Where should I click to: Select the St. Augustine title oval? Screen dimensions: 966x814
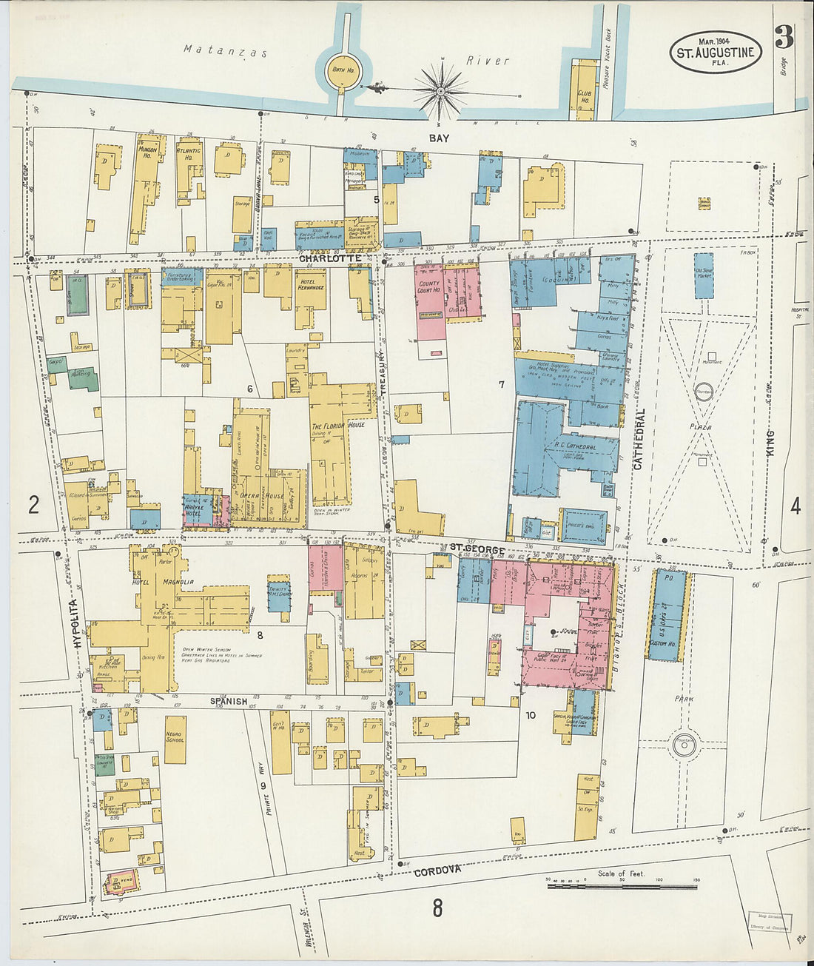tap(716, 52)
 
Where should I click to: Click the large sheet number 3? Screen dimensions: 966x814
tap(784, 37)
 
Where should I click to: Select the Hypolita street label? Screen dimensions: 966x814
tap(78, 625)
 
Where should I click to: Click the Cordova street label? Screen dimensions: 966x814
tap(437, 871)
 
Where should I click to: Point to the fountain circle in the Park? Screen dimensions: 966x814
tap(684, 747)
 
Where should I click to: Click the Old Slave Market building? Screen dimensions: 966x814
tap(704, 275)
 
